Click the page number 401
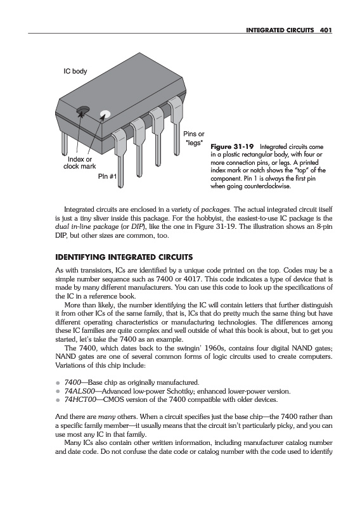click(326, 30)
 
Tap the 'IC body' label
click(75, 71)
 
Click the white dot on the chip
click(105, 114)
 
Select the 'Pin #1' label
click(107, 177)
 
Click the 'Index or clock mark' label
click(80, 163)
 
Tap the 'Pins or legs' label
click(194, 138)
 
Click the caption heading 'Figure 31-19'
click(232, 147)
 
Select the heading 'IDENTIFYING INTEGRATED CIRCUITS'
click(124, 257)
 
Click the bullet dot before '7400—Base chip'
click(58, 383)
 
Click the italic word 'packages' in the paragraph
click(215, 210)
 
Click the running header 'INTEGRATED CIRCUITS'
click(280, 30)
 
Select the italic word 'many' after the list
click(106, 417)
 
